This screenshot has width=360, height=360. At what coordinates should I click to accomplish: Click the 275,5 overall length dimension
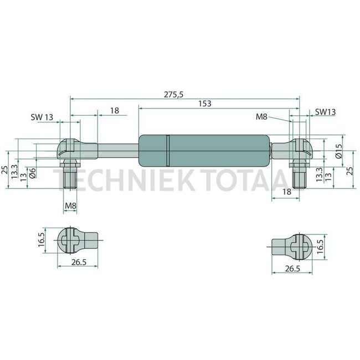173,95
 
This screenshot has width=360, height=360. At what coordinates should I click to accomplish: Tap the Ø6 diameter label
33,174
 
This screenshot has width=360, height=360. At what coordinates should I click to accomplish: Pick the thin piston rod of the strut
117,148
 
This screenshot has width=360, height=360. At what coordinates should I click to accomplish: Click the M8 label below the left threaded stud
71,207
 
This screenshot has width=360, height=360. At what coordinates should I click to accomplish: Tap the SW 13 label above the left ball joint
43,117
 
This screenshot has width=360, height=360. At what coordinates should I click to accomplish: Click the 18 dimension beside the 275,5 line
114,111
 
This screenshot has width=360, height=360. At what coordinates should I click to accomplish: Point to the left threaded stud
70,177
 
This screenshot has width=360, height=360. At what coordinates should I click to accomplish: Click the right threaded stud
299,176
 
